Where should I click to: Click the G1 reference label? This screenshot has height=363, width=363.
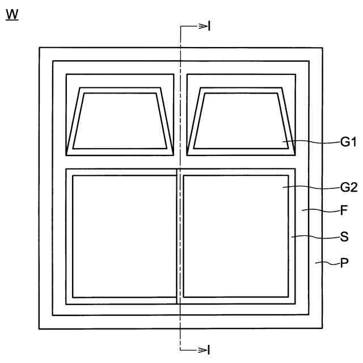coord(348,142)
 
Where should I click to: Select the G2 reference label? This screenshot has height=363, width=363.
coord(349,187)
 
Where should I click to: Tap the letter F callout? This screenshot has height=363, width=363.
coord(344,210)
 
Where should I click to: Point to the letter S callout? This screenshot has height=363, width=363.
coord(344,237)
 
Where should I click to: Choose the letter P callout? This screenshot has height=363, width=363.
coord(344,263)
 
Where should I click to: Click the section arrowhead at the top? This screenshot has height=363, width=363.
coord(203,27)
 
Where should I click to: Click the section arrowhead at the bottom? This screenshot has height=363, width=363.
coord(203,350)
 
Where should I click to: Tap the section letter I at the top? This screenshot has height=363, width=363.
coord(209,26)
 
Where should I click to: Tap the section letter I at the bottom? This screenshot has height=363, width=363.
coord(209,350)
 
